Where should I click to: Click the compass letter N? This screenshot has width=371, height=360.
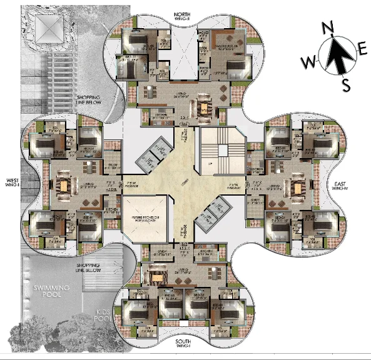pyautogui.click(x=326, y=28)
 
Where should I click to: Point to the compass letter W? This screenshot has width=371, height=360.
pyautogui.click(x=308, y=62)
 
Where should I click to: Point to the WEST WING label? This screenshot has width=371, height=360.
pyautogui.click(x=13, y=182)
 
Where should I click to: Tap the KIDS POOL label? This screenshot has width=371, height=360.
pyautogui.click(x=103, y=314)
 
